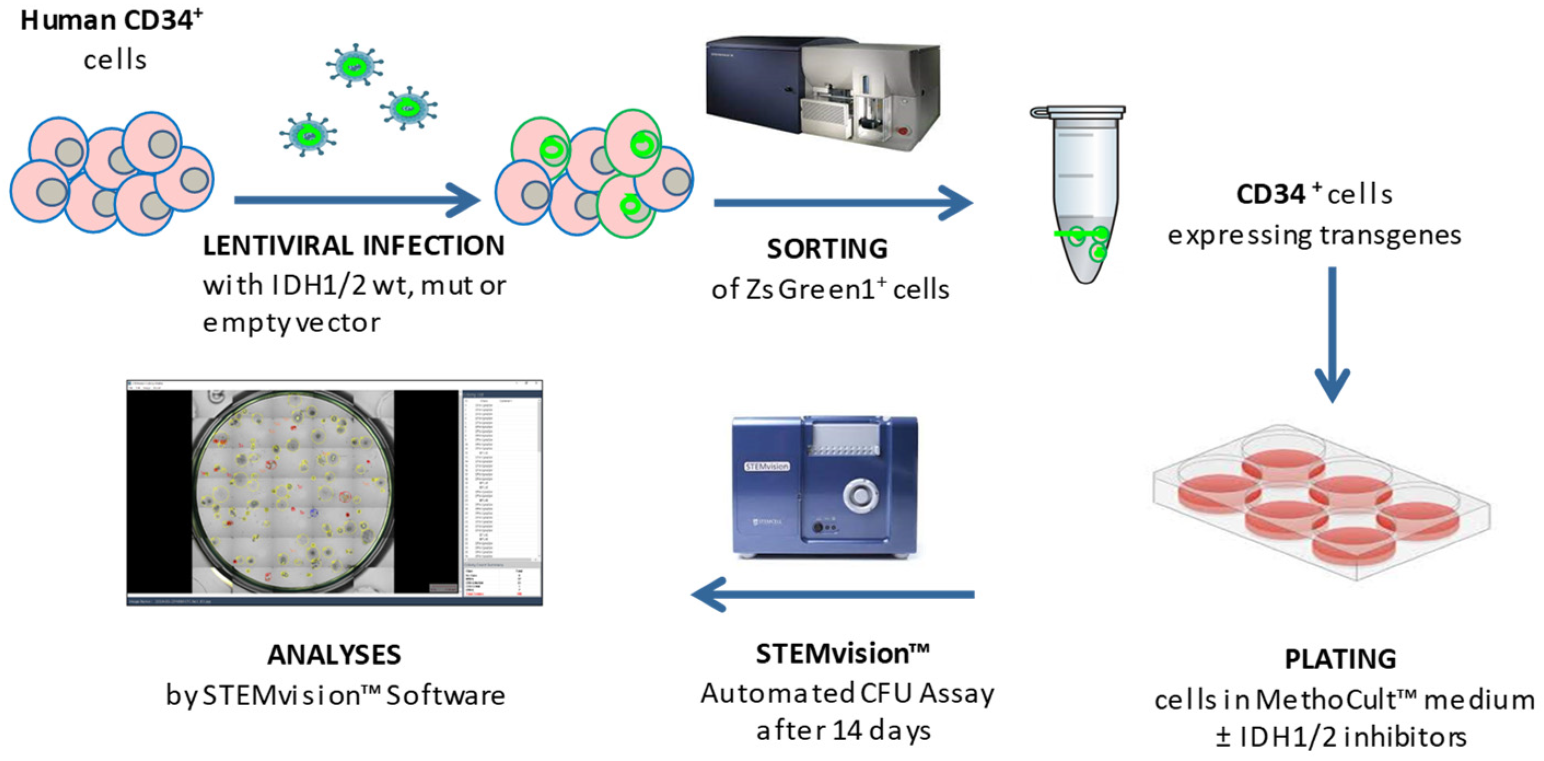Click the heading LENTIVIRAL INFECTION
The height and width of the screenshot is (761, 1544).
354,245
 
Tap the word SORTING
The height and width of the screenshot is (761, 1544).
827,249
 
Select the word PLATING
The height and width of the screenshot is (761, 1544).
1340,659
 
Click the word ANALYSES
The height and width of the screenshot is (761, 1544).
334,654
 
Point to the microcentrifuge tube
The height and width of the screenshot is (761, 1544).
1082,198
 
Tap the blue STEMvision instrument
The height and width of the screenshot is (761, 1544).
824,486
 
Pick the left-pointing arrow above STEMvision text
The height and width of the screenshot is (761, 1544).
833,594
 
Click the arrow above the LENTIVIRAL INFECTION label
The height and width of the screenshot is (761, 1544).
357,200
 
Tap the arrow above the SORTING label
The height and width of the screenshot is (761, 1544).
842,202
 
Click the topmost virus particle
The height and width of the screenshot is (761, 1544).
355,65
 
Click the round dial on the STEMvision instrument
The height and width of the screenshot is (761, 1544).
860,495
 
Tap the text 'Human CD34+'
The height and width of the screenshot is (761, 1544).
111,20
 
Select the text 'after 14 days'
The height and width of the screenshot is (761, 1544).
843,730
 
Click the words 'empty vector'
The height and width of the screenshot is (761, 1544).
292,323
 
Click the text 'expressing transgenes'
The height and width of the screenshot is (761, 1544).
1314,235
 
